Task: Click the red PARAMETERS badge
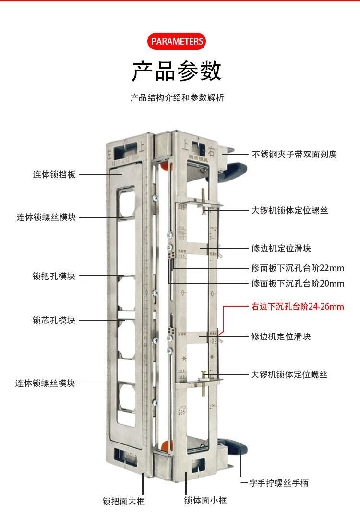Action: point(177,41)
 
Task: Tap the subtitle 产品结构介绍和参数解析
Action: point(177,98)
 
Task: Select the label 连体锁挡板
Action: point(54,175)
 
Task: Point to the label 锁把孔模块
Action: point(54,276)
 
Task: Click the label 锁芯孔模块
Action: point(54,320)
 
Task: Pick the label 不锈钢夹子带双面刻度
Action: point(294,154)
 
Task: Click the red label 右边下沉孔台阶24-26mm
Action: point(298,306)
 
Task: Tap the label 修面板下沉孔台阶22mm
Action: point(298,268)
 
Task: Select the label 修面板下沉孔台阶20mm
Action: point(298,283)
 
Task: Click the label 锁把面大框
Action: point(123,501)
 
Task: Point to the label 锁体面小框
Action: point(205,500)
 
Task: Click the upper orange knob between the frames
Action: point(165,166)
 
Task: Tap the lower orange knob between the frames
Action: point(165,445)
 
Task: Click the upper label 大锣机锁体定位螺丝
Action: point(289,210)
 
